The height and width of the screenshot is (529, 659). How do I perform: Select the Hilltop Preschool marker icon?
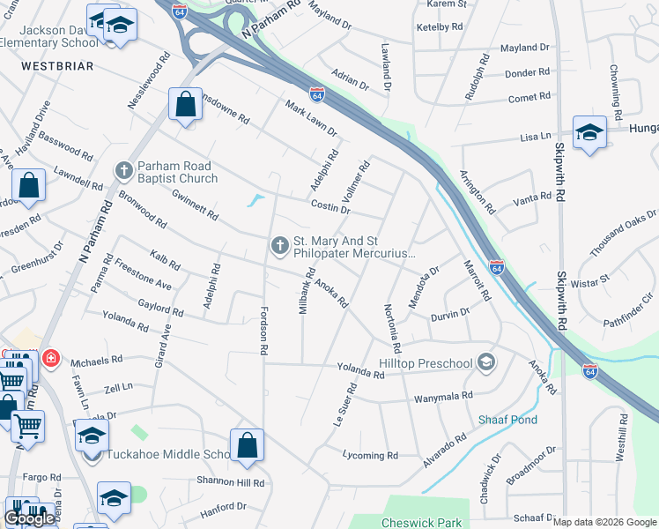click(x=485, y=362)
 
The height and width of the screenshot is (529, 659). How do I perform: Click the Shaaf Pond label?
click(x=507, y=420)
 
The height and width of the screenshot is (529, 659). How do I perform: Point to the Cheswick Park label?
click(x=421, y=523)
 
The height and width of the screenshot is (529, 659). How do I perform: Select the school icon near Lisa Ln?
click(x=589, y=133)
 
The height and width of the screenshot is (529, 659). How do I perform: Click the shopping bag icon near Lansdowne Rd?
click(x=186, y=104)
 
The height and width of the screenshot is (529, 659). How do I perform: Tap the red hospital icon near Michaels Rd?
click(x=51, y=358)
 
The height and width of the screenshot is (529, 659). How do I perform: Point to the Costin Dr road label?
click(x=331, y=207)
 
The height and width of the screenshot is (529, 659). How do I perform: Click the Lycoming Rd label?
click(x=370, y=455)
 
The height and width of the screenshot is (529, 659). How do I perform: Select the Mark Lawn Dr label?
click(x=311, y=118)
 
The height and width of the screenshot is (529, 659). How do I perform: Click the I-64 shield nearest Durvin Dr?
click(x=497, y=266)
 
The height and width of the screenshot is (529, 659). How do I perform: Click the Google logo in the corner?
click(x=29, y=518)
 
